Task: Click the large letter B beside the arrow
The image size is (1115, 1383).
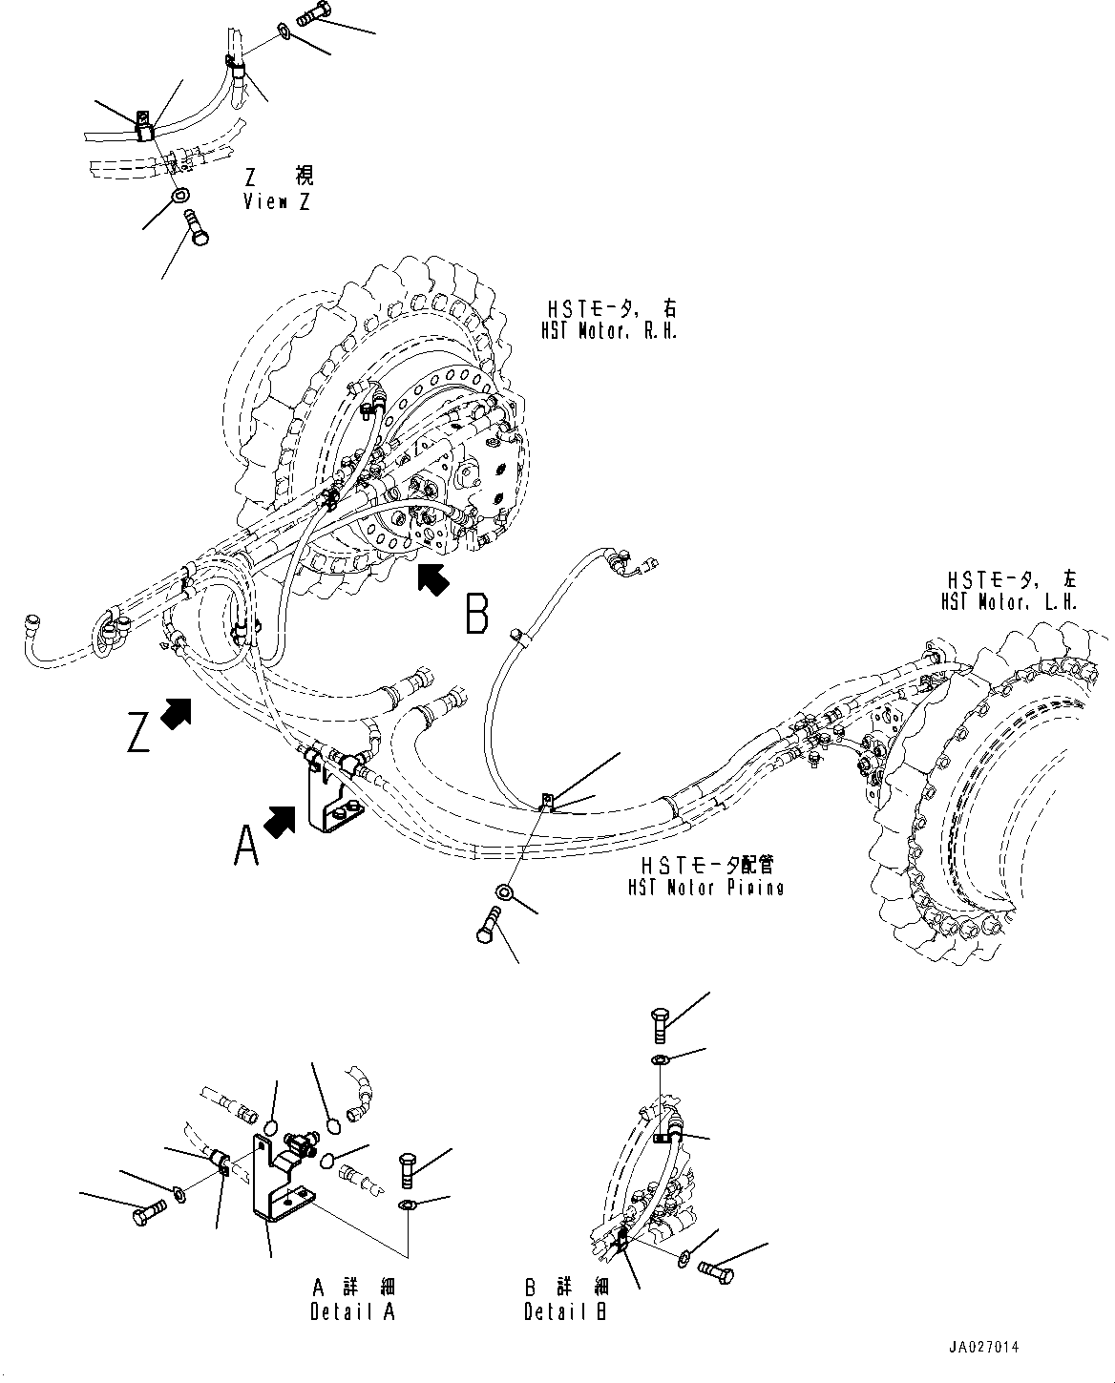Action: (477, 614)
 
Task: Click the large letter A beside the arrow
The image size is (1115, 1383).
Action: (246, 846)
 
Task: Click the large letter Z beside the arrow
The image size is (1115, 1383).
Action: (138, 732)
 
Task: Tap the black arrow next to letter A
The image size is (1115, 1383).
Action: (280, 822)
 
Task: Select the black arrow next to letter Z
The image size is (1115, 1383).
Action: (176, 714)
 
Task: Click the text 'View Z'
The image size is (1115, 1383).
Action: (277, 201)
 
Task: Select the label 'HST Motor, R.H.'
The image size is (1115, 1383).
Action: (609, 331)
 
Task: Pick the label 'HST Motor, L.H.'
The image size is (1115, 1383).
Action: (1009, 603)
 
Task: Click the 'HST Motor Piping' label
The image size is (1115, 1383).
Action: (705, 888)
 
